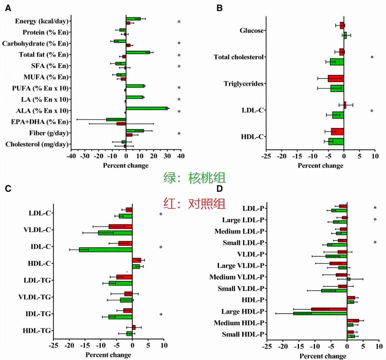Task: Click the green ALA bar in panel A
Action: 147,108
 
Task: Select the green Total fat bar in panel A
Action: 138,52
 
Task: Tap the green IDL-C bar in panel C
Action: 105,250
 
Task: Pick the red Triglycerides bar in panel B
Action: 336,79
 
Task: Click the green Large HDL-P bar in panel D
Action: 320,313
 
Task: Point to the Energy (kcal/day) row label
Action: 42,21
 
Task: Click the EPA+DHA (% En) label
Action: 40,122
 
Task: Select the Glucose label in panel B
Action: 251,31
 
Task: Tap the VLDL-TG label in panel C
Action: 35,297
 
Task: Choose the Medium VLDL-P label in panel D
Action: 237,277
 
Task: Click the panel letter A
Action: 8,8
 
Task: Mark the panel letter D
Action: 219,189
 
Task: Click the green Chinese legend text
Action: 194,178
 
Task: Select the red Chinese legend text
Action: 194,204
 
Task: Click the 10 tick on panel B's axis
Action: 375,156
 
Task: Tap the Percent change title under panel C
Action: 108,355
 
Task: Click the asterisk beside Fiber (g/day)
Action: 179,133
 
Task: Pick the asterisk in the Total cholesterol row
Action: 372,57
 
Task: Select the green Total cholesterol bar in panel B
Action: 337,62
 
